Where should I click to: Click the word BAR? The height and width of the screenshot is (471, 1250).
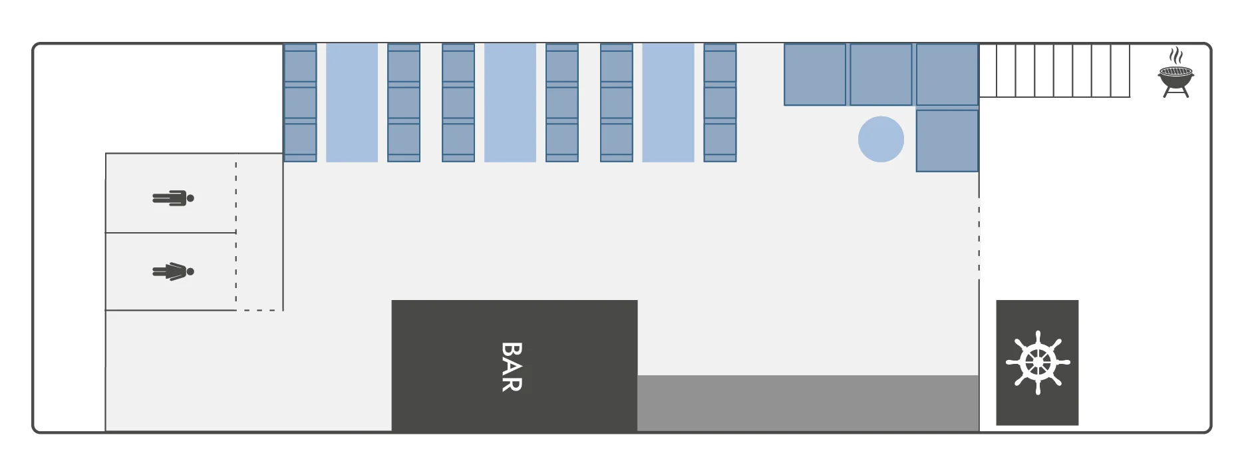coord(512,367)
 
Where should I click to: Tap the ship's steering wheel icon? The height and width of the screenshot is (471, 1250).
coord(1037,363)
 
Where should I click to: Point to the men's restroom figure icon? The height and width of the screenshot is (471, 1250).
coord(173,198)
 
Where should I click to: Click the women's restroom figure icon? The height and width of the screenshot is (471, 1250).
coord(173,271)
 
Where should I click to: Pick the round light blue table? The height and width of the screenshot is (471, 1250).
coord(881,139)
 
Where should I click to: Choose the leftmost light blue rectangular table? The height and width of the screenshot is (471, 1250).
coord(352,102)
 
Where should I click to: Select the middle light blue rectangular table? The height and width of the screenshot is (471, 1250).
coord(510,102)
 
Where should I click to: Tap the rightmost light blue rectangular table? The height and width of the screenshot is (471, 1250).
coord(668,102)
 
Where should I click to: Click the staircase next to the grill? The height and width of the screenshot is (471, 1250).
coord(1054,71)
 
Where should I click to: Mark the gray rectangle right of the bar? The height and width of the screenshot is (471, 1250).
coord(808,403)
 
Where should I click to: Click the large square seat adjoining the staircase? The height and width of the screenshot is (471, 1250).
coord(947,75)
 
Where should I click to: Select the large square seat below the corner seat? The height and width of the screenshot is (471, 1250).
coord(947,141)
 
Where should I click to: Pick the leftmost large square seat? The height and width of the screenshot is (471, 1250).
coord(815,75)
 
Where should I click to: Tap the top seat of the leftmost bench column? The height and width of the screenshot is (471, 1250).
coord(300,65)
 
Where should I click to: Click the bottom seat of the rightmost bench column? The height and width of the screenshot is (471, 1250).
coord(720,141)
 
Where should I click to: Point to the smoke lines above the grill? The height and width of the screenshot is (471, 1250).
coord(1176,55)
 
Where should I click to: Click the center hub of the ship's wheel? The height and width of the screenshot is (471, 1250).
coord(1037,363)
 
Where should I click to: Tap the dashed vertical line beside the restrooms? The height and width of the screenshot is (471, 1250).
coord(236,233)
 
